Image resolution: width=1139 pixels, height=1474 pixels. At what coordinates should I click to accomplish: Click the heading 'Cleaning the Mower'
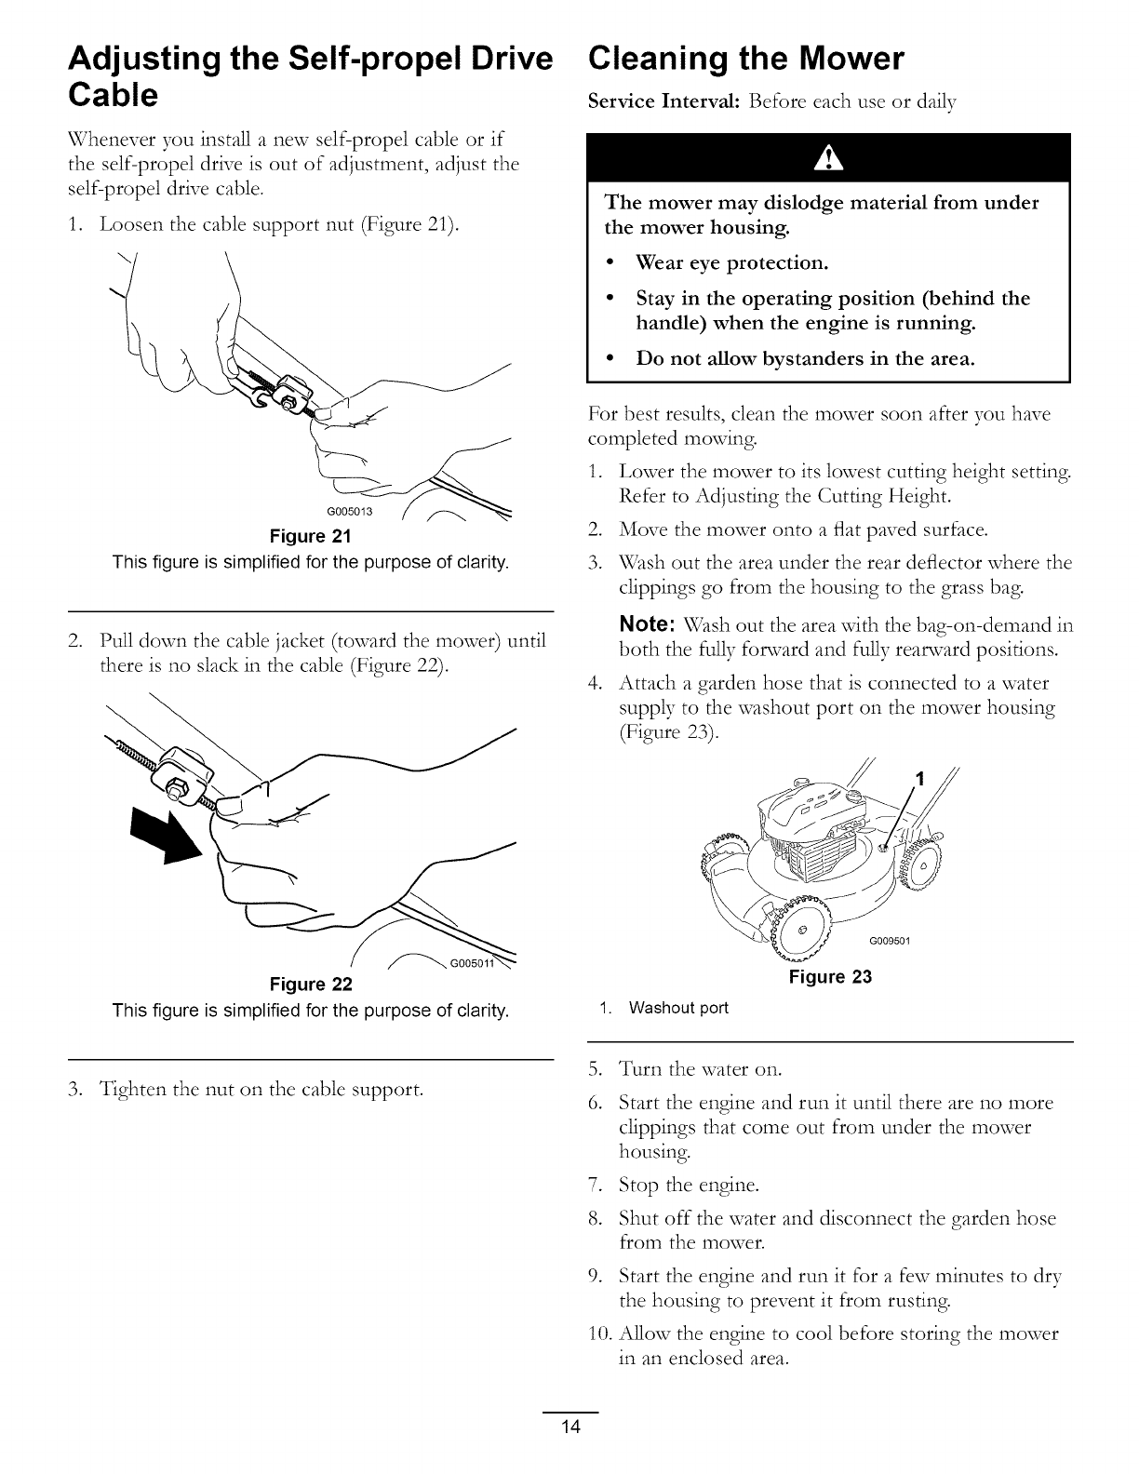click(745, 60)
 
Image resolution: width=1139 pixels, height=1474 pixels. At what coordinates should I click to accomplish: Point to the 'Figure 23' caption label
click(830, 977)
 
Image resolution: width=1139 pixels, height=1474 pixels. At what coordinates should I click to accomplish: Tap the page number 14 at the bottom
click(570, 1454)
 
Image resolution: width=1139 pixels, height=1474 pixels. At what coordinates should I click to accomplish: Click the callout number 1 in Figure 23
click(920, 781)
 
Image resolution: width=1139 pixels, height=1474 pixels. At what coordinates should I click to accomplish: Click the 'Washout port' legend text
click(678, 1008)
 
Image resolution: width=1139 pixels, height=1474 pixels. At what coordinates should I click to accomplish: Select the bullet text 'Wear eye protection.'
click(731, 262)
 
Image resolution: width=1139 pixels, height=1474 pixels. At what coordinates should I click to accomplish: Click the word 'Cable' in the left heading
click(112, 95)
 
